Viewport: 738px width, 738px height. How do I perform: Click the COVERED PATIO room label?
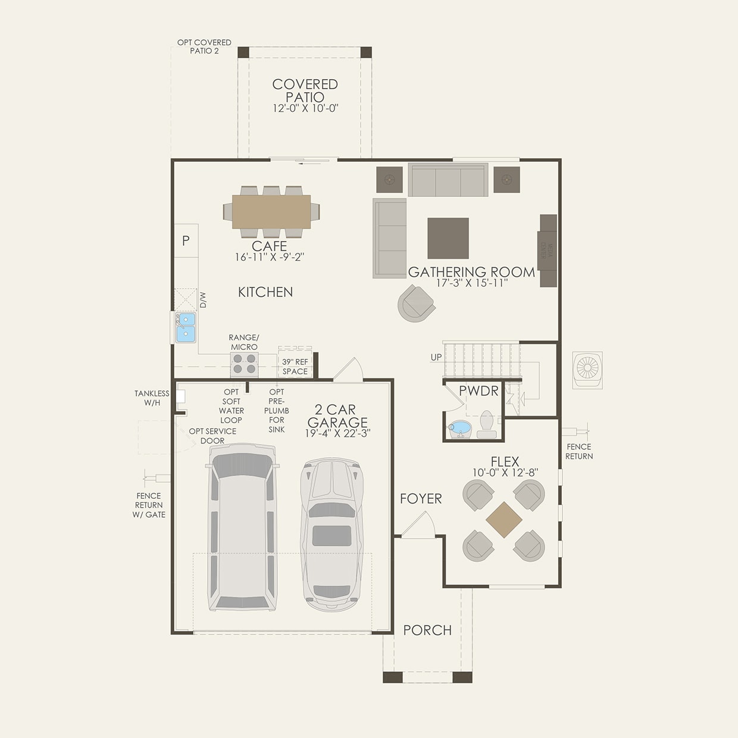pyautogui.click(x=305, y=90)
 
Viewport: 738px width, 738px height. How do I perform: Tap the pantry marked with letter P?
pyautogui.click(x=186, y=240)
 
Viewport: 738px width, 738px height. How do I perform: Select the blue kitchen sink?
pyautogui.click(x=185, y=327)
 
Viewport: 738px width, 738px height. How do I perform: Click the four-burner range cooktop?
pyautogui.click(x=244, y=364)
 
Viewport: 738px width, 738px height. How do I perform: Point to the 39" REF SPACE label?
pyautogui.click(x=295, y=366)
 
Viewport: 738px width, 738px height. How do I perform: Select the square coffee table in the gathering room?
pyautogui.click(x=448, y=238)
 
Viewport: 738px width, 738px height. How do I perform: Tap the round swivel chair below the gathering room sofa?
pyautogui.click(x=416, y=303)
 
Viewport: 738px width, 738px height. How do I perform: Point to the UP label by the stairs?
pyautogui.click(x=436, y=357)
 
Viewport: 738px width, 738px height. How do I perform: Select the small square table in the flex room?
pyautogui.click(x=504, y=520)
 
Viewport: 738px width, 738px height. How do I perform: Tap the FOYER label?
pyautogui.click(x=421, y=499)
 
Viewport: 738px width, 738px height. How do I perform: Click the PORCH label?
pyautogui.click(x=427, y=630)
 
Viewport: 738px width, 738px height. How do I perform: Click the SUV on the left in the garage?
pyautogui.click(x=242, y=527)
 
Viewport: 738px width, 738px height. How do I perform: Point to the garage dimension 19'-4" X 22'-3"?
pyautogui.click(x=337, y=433)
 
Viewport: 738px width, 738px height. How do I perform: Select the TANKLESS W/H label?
pyautogui.click(x=152, y=398)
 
